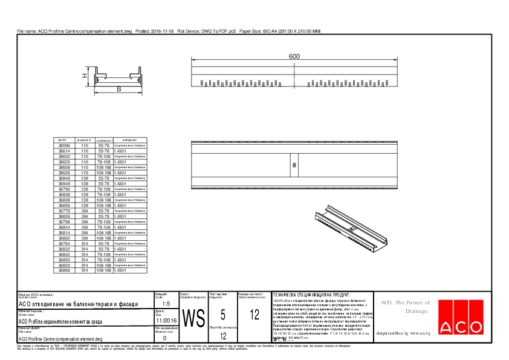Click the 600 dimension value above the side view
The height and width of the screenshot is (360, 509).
tap(294, 56)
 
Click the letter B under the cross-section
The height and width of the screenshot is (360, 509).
tap(118, 90)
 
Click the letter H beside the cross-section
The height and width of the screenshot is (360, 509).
tap(85, 76)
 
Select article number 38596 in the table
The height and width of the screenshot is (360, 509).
tap(64, 146)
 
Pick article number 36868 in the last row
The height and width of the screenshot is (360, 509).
tap(64, 270)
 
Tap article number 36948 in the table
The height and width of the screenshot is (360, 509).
tap(64, 178)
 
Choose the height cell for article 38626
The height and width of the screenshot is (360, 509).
tap(103, 173)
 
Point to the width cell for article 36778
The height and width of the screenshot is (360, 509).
tap(85, 211)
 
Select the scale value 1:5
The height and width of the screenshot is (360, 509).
tap(166, 304)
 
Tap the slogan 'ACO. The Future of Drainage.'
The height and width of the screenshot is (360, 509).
tap(404, 307)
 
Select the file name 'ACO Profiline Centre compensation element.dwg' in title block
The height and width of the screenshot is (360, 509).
tap(60, 339)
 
